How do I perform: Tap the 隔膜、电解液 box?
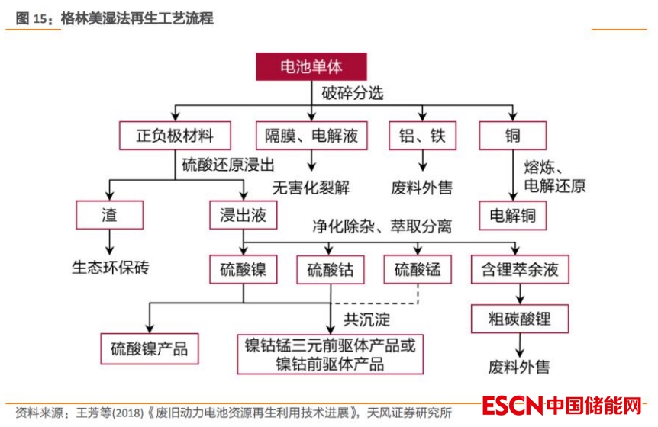[x=311, y=136]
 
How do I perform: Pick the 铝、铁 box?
[x=422, y=136]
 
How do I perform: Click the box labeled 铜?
[x=512, y=136]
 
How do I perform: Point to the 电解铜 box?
[x=513, y=216]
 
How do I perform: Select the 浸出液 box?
[x=242, y=216]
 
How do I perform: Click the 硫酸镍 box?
[x=243, y=269]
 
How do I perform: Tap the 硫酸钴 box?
[x=331, y=269]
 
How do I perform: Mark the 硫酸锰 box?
[x=418, y=269]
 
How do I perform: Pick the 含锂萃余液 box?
[x=519, y=269]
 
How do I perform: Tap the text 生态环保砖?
[x=111, y=268]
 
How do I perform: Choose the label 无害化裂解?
[x=311, y=186]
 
